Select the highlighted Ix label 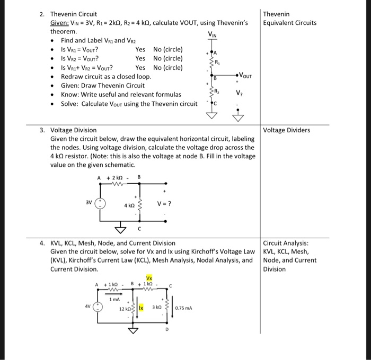142,307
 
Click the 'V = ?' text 164,203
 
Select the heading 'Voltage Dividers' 287,130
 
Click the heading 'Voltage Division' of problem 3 73,130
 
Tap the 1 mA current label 114,300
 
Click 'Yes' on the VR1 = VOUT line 140,49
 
